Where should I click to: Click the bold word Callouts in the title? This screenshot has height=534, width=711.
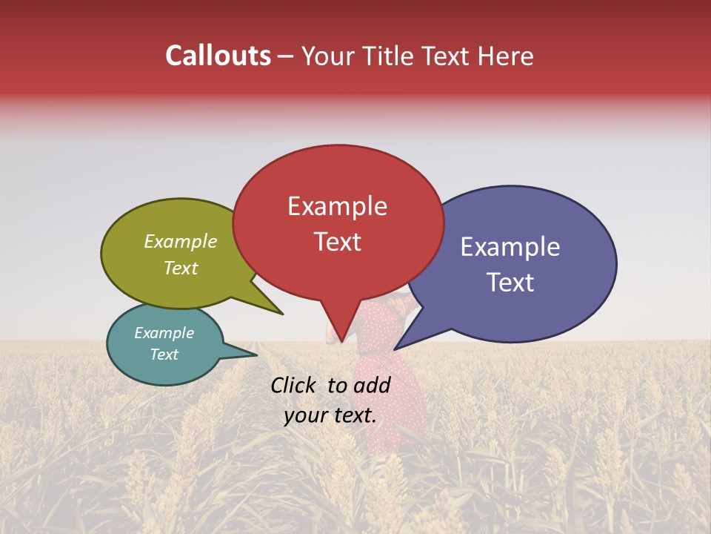[x=218, y=56]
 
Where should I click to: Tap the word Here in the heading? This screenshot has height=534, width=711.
[x=504, y=56]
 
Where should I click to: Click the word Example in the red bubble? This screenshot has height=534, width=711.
[x=337, y=206]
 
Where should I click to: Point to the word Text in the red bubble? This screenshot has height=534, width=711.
[x=337, y=242]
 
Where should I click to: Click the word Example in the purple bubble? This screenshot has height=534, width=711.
[x=510, y=247]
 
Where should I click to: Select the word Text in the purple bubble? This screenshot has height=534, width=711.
[x=510, y=283]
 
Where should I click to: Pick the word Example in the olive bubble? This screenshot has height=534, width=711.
[x=181, y=242]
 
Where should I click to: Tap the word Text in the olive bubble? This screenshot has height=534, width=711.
[x=181, y=268]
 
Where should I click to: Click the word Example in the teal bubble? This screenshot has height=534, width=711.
[x=164, y=333]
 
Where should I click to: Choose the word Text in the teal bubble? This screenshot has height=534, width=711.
[x=164, y=355]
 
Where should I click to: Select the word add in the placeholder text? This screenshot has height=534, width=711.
[x=373, y=385]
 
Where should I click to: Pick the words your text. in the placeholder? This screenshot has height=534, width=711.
[x=330, y=415]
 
